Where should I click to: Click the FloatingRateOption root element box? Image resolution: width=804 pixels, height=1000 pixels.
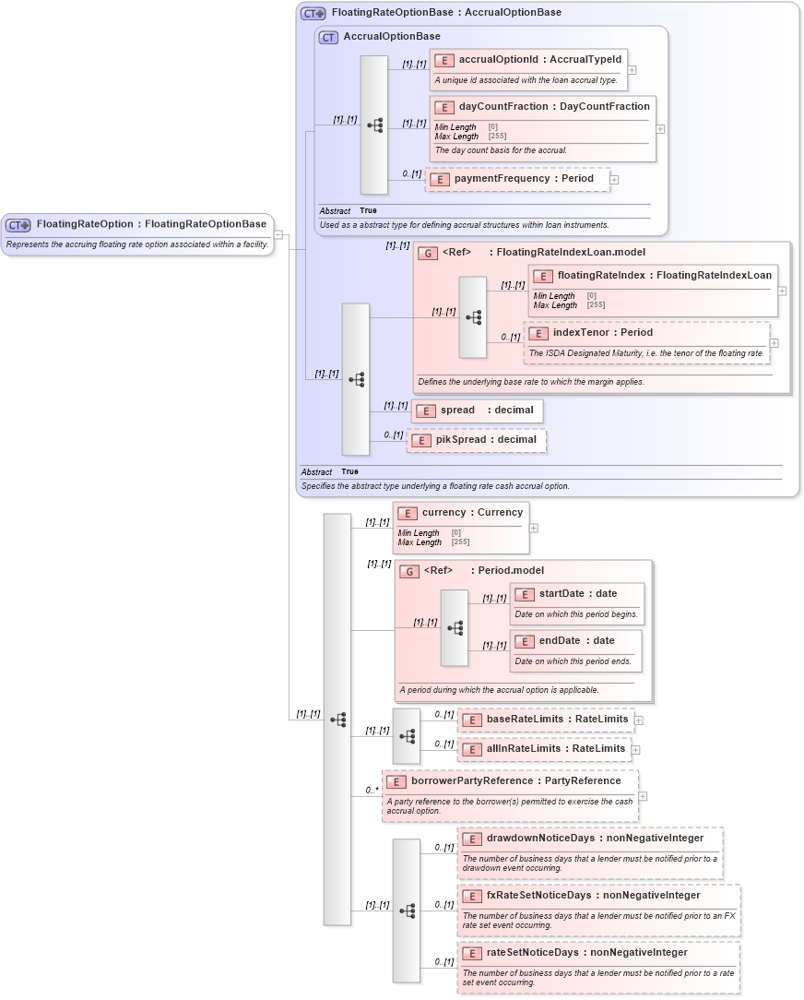pos(138,224)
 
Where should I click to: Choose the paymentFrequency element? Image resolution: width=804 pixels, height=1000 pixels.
pos(517,179)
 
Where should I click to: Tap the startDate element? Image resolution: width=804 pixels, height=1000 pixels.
pos(577,594)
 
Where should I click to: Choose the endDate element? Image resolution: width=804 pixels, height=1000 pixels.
pos(575,641)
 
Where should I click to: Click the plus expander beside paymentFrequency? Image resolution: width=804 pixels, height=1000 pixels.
pos(614,180)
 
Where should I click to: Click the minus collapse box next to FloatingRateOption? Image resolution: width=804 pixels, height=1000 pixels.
pos(278,234)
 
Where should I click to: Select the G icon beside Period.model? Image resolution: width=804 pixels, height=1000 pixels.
pos(408,571)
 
